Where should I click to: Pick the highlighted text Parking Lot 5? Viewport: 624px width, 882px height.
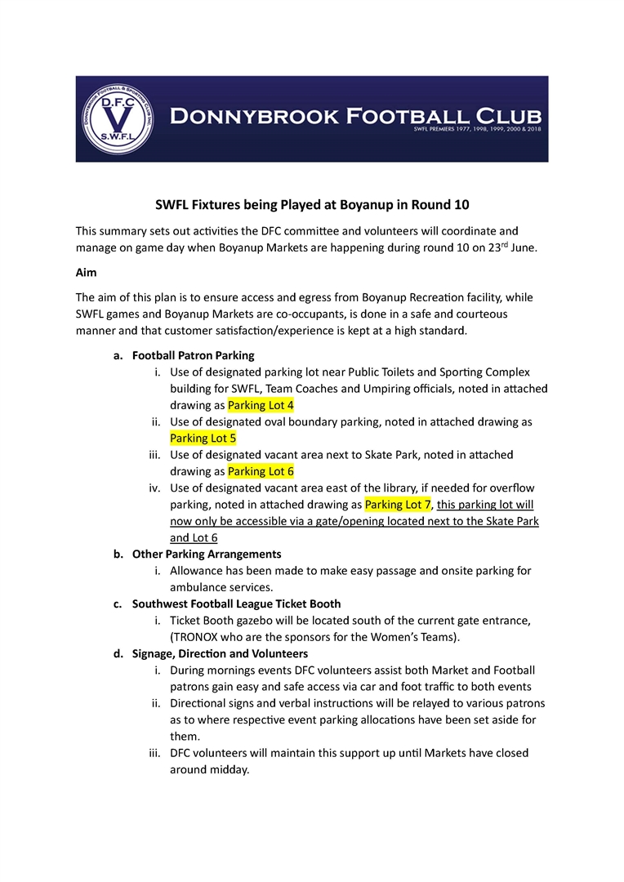pyautogui.click(x=203, y=439)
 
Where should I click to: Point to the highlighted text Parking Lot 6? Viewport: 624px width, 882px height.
pyautogui.click(x=261, y=471)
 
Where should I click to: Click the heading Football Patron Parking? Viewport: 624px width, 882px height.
pyautogui.click(x=194, y=355)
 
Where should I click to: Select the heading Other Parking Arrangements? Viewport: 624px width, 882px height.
pyautogui.click(x=207, y=554)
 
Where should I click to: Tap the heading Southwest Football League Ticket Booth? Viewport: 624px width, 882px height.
pyautogui.click(x=236, y=604)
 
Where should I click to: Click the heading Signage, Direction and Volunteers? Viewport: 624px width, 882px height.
pyautogui.click(x=220, y=653)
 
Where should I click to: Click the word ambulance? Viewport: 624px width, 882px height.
pyautogui.click(x=201, y=587)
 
